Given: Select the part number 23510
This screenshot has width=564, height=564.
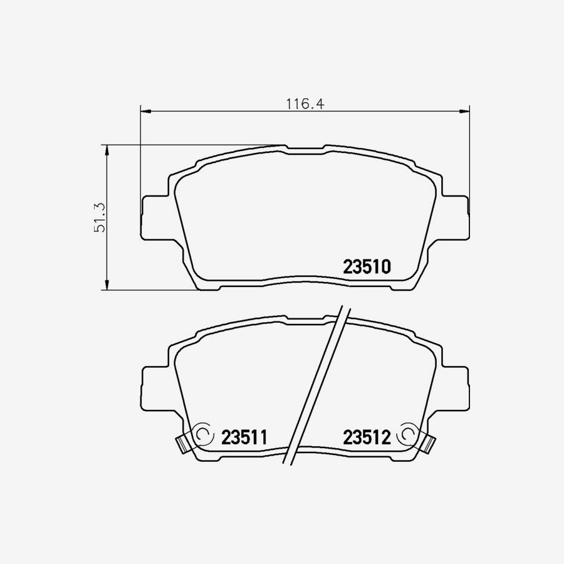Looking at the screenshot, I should pyautogui.click(x=367, y=267).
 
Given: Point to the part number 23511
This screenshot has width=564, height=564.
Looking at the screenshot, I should pyautogui.click(x=244, y=437).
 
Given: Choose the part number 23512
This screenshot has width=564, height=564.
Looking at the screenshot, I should pyautogui.click(x=367, y=437).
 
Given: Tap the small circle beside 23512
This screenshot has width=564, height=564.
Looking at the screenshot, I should pyautogui.click(x=407, y=434).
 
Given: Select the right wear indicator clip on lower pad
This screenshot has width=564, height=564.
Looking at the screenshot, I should pyautogui.click(x=429, y=443).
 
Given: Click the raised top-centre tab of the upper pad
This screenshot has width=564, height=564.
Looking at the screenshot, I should pyautogui.click(x=305, y=149).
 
